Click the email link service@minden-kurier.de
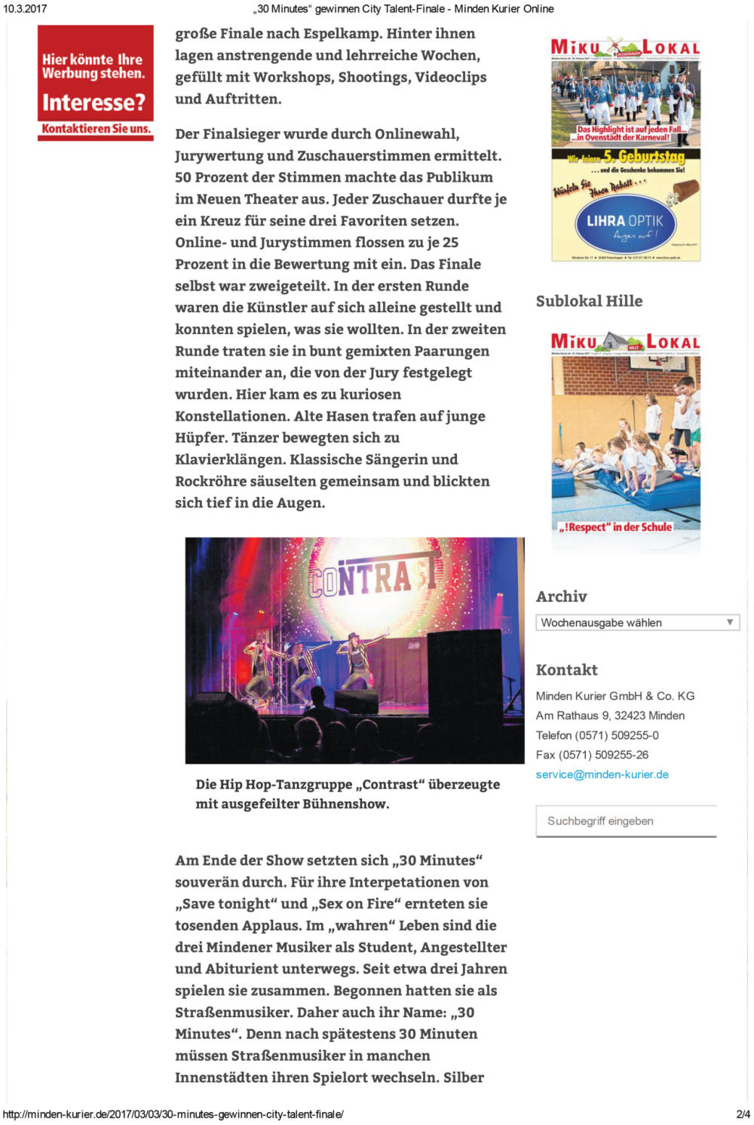pyautogui.click(x=602, y=774)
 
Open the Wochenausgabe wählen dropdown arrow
pyautogui.click(x=729, y=622)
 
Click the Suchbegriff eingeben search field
pyautogui.click(x=626, y=821)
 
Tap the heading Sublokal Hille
pyautogui.click(x=589, y=301)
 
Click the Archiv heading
pyautogui.click(x=561, y=596)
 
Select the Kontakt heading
pyautogui.click(x=566, y=670)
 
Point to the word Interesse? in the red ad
pyautogui.click(x=93, y=102)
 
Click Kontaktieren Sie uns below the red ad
pyautogui.click(x=96, y=129)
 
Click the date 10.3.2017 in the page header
pyautogui.click(x=25, y=9)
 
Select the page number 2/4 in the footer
pyautogui.click(x=743, y=1114)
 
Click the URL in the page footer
pyautogui.click(x=173, y=1114)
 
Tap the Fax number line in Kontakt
pyautogui.click(x=592, y=755)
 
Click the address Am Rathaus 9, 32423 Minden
pyautogui.click(x=610, y=716)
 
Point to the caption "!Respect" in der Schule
pyautogui.click(x=615, y=527)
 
